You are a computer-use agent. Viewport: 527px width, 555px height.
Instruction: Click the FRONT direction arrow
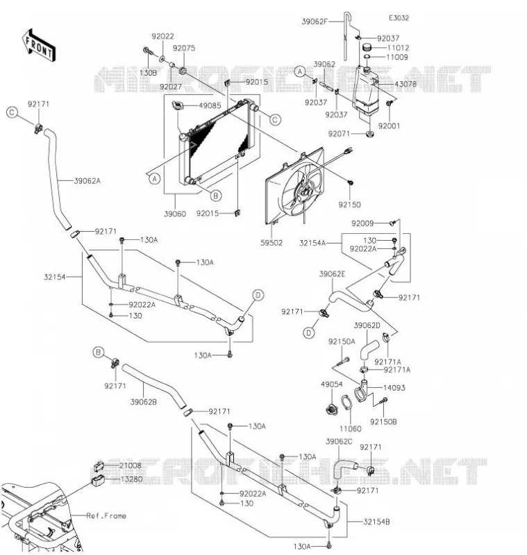tap(39, 46)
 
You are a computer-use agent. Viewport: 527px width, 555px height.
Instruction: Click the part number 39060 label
tap(175, 214)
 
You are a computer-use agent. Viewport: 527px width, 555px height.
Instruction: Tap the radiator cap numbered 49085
tap(178, 105)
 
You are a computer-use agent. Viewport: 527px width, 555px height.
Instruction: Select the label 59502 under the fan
tap(271, 243)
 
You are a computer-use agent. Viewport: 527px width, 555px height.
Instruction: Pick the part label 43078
tap(405, 84)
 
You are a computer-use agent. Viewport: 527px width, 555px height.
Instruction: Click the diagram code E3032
tap(399, 18)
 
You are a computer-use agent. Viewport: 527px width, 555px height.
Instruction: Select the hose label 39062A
tap(87, 181)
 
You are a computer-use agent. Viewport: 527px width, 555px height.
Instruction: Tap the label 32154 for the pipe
tap(55, 277)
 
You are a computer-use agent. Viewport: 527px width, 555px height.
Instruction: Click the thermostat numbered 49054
tap(332, 409)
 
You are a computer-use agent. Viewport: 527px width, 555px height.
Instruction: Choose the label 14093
tap(394, 388)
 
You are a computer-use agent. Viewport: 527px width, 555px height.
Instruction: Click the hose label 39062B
tap(144, 402)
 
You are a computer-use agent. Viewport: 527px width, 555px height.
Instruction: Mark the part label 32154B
tap(376, 522)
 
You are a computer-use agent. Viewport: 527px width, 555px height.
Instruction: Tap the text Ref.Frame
tap(106, 515)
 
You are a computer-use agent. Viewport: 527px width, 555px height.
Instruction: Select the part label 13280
tap(131, 479)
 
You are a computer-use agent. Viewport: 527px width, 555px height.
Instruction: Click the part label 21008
tap(130, 466)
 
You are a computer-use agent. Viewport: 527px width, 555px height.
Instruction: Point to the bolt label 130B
tap(148, 73)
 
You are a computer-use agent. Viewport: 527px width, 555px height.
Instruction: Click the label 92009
tap(362, 223)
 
